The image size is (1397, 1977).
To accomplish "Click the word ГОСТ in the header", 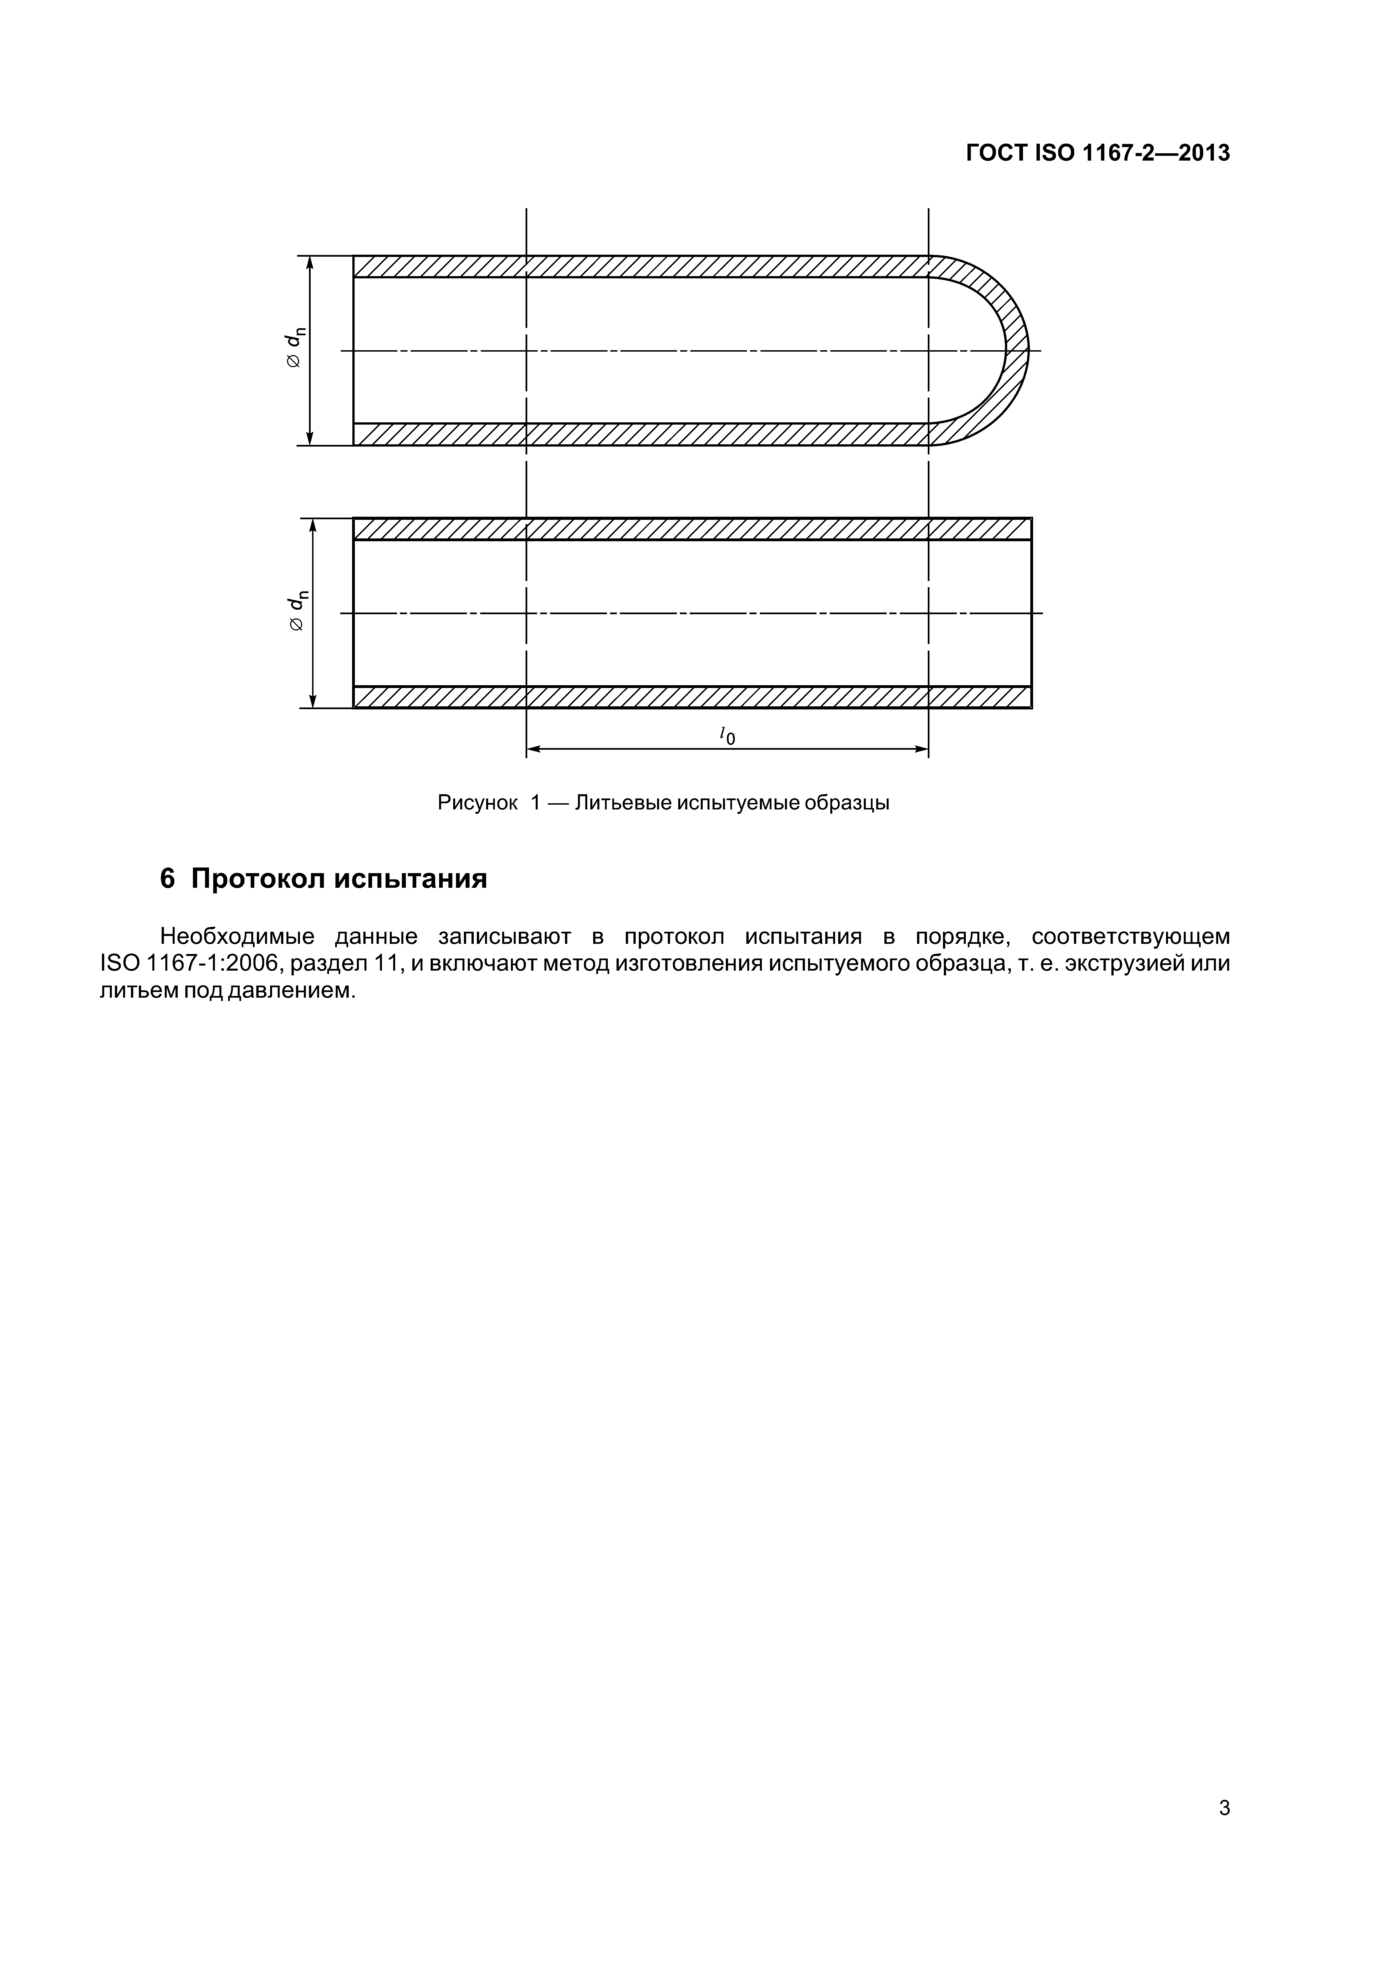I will click(x=996, y=153).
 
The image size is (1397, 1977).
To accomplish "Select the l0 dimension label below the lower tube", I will click(x=727, y=735).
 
